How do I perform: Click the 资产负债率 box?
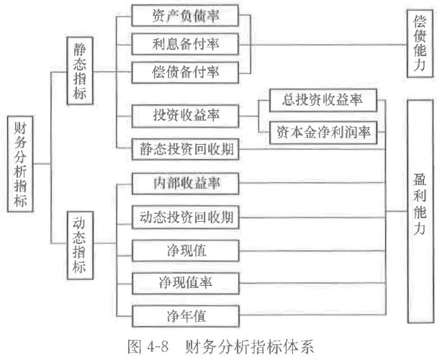185,16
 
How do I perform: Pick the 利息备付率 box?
185,44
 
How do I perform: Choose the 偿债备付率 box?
185,71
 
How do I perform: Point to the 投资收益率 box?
185,114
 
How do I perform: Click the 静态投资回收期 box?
185,150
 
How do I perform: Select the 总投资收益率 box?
323,101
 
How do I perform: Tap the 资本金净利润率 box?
323,132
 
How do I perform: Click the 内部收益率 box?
185,183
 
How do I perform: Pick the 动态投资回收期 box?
185,216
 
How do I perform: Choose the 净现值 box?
185,249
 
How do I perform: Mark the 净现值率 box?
185,282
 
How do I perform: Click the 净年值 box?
185,315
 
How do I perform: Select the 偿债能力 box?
420,44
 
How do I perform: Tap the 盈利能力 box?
420,210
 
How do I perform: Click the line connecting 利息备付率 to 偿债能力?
324,45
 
